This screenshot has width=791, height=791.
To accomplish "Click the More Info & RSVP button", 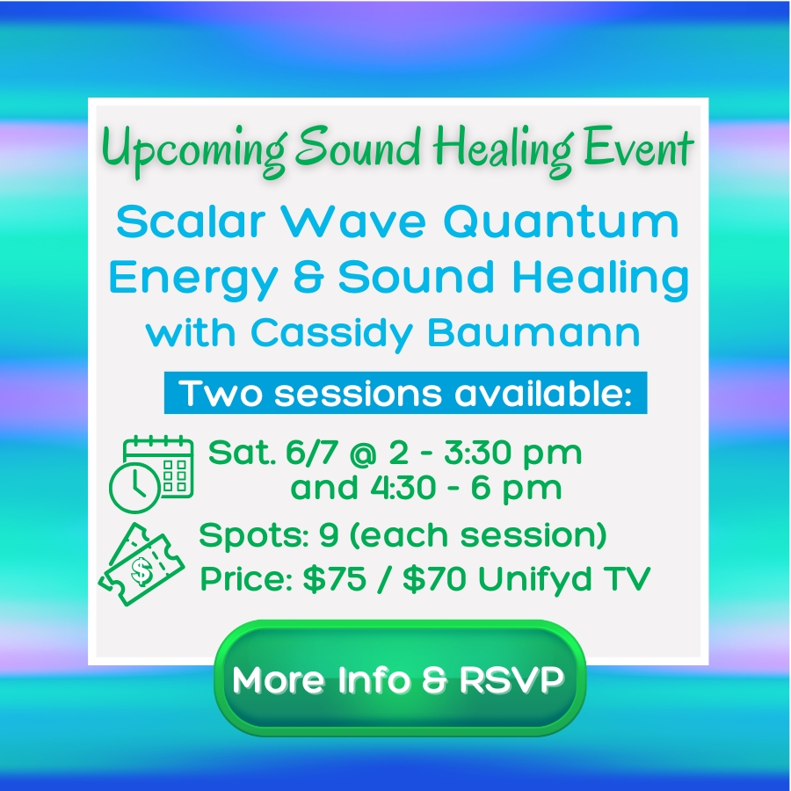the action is click(400, 678).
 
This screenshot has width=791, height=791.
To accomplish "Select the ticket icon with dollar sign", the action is click(142, 564).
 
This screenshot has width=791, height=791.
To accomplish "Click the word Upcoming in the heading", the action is click(194, 149).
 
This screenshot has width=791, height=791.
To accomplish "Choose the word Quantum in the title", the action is click(562, 222).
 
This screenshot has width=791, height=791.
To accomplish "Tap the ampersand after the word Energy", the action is click(308, 277).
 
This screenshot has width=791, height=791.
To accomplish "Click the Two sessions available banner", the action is click(405, 393).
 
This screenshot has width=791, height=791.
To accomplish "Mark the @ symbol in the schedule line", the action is click(363, 453).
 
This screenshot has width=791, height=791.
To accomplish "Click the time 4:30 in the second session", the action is click(403, 487).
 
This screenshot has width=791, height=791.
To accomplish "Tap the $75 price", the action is click(335, 578).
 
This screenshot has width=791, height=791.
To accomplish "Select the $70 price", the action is click(435, 578).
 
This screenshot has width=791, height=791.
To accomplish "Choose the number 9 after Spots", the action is click(329, 534).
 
